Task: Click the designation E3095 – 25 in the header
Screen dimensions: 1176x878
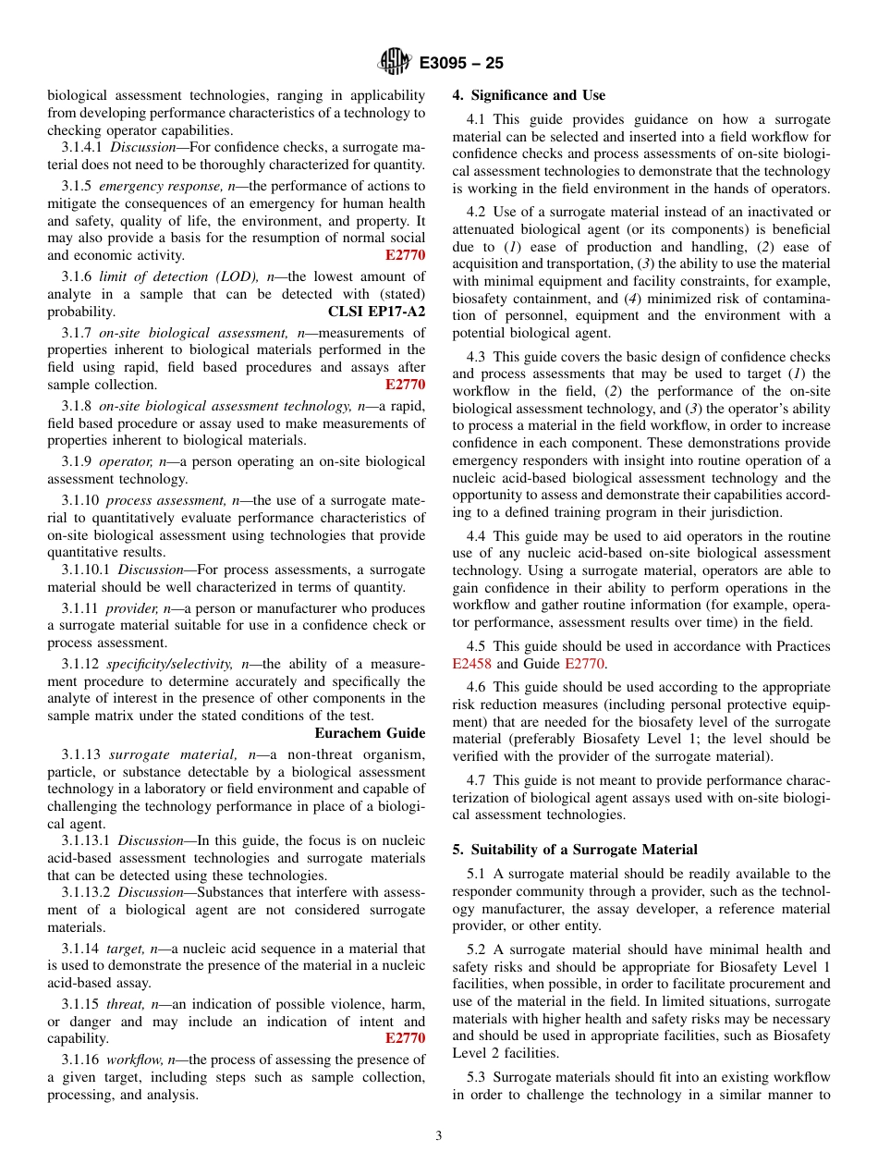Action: [461, 64]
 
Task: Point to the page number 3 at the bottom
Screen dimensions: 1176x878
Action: [439, 1136]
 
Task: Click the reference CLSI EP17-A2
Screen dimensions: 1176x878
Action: [377, 312]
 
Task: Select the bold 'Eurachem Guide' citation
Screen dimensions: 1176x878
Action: [370, 733]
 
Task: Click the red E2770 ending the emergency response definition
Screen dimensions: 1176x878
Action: [406, 255]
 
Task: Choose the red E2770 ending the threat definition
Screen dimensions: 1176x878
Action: [406, 1038]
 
